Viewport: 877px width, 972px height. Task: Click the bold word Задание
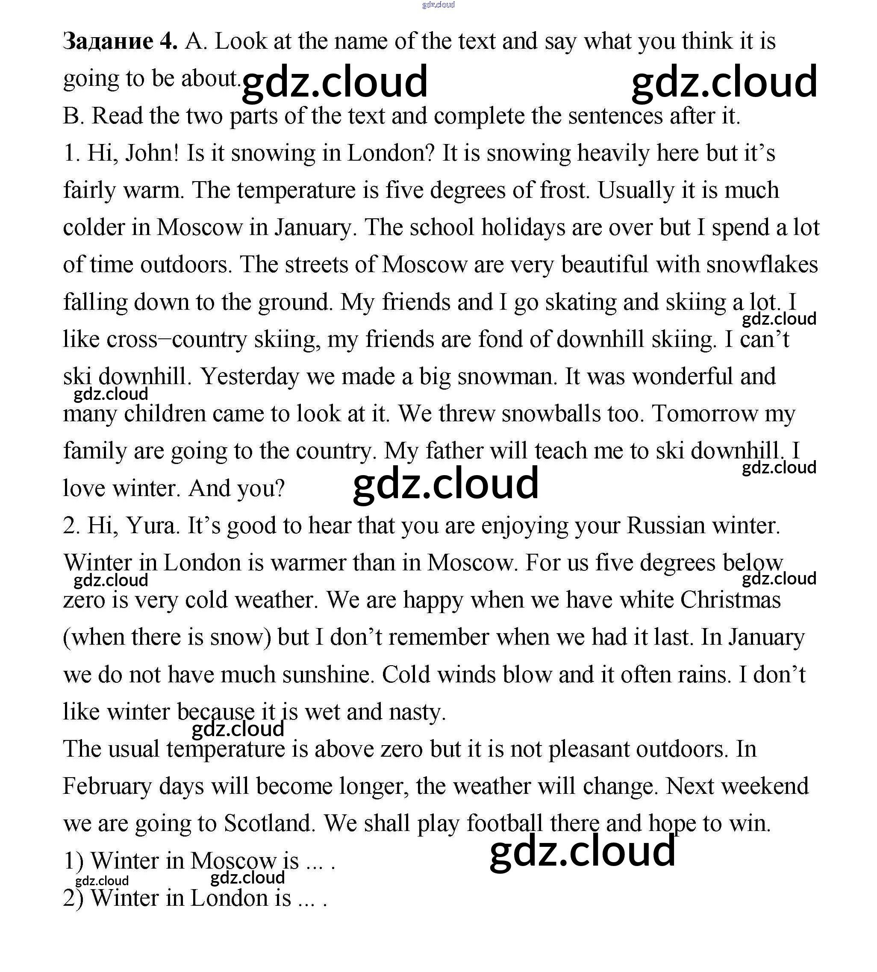108,42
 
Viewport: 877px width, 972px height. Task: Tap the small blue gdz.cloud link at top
438,5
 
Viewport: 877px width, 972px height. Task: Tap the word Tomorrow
704,414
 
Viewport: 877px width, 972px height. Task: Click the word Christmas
730,600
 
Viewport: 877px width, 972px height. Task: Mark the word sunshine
328,674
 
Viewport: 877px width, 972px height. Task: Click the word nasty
417,712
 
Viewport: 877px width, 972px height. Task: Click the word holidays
523,227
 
